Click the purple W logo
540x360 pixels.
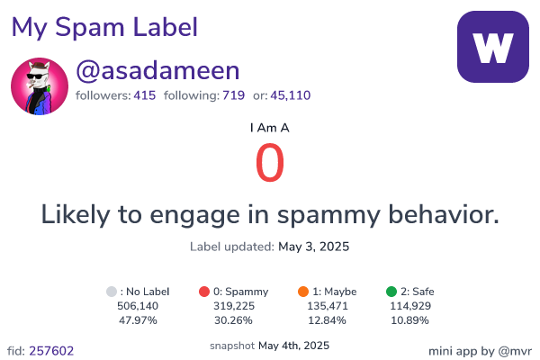(x=493, y=47)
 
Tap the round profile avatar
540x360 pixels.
(x=40, y=86)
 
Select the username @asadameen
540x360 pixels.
(x=157, y=70)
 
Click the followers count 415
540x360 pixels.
(x=145, y=95)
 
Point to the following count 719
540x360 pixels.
(x=233, y=95)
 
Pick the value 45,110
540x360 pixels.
(x=291, y=95)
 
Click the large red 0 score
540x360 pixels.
(x=270, y=163)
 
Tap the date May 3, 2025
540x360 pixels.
(x=314, y=247)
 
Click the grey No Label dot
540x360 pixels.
(x=112, y=292)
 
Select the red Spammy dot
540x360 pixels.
(x=204, y=292)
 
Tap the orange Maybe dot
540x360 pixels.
(x=303, y=292)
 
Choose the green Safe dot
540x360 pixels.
(x=391, y=292)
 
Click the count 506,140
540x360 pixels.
(x=138, y=306)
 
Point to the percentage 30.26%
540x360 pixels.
(x=233, y=320)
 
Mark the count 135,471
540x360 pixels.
(x=328, y=306)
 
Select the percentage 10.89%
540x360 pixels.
(x=409, y=320)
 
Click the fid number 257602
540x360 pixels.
(x=51, y=351)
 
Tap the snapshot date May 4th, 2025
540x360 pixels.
(x=293, y=346)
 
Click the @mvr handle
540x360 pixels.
(x=515, y=351)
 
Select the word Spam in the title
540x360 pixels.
(x=89, y=28)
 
